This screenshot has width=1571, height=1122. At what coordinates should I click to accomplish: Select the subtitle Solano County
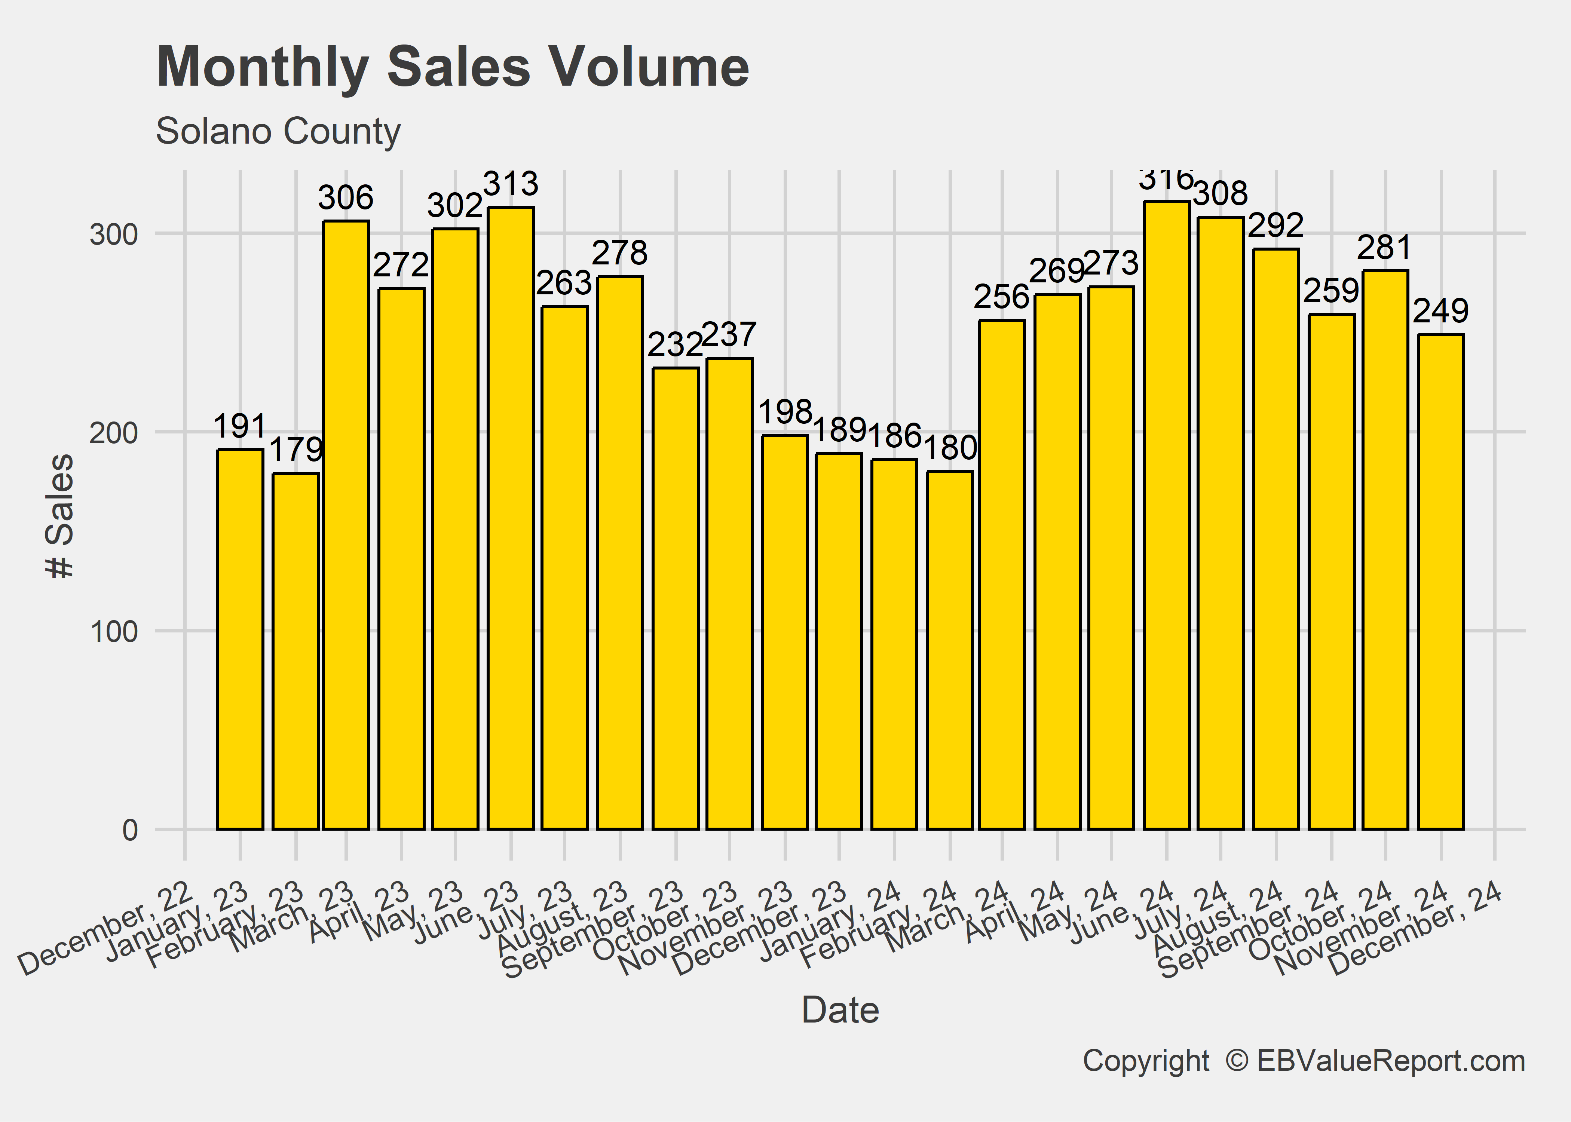278,131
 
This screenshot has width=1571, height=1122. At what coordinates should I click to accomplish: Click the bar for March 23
346,525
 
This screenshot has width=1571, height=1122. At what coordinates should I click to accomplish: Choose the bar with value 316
1166,515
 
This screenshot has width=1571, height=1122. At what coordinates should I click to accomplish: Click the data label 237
729,335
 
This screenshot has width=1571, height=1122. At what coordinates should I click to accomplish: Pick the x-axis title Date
840,1011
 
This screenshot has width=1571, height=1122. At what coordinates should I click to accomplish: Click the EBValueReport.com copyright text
1303,1061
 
